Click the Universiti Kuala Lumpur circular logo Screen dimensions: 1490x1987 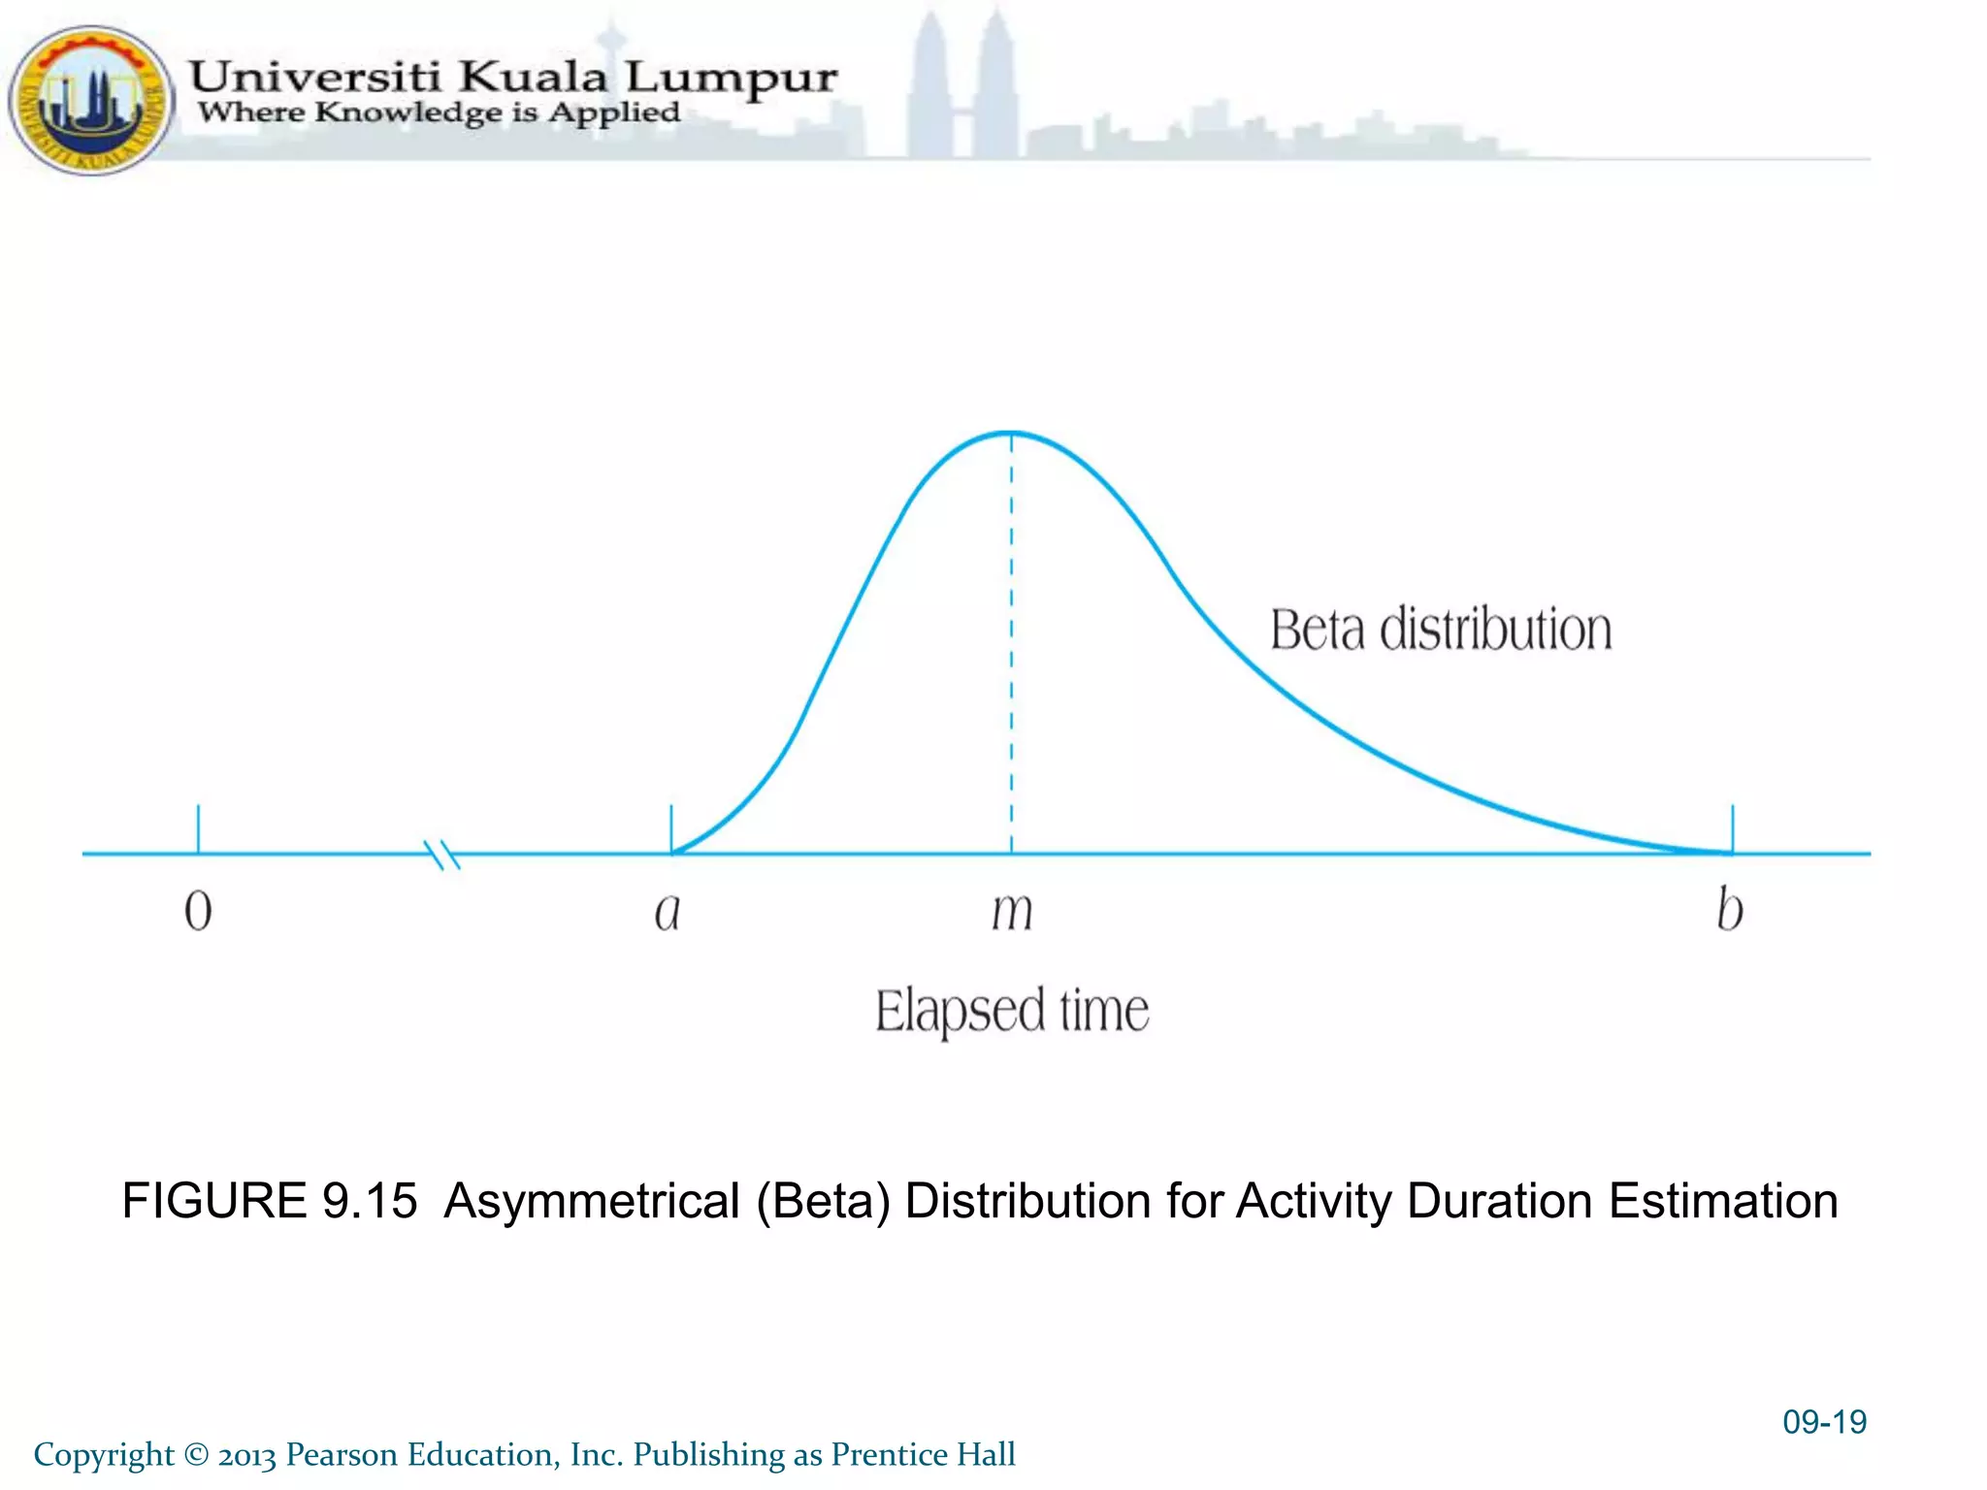(x=89, y=100)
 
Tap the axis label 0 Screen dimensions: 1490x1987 (x=198, y=911)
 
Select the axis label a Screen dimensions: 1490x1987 (x=668, y=912)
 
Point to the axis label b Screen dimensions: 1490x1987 (x=1730, y=910)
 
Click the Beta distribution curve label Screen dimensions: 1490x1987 (x=1441, y=630)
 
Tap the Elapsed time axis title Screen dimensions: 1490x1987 (x=1012, y=1011)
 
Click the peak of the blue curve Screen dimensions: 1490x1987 (x=1011, y=433)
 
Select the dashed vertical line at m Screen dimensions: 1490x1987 (x=1011, y=640)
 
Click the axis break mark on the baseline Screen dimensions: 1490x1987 (x=442, y=854)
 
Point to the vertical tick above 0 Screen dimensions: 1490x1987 (x=198, y=827)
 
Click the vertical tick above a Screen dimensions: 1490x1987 (x=671, y=827)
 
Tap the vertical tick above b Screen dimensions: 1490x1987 (x=1733, y=827)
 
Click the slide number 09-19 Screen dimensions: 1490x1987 (x=1824, y=1422)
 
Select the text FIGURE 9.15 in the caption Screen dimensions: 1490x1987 (x=270, y=1201)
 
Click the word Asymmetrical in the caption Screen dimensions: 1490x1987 (x=592, y=1201)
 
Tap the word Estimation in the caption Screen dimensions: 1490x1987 (x=1723, y=1201)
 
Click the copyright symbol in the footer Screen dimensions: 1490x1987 (x=196, y=1455)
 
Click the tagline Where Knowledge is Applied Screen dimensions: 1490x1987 (x=440, y=113)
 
